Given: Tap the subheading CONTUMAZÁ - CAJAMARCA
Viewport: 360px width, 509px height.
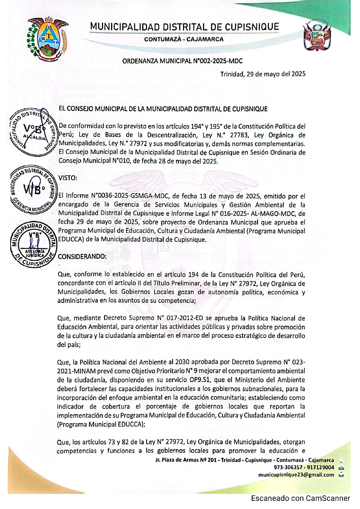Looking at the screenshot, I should tap(184, 39).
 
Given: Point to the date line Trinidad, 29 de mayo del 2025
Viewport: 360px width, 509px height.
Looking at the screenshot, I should tap(263, 74).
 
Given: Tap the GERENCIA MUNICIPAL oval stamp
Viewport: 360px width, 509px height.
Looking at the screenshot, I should tap(34, 190).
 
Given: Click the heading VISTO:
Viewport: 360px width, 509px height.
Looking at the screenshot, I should tap(68, 178).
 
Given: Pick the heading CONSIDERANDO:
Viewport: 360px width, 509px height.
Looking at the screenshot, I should tap(82, 257).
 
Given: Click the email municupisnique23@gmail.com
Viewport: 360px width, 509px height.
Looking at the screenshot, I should tap(296, 475).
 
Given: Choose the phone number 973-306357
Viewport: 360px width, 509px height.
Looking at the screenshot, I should tap(286, 468).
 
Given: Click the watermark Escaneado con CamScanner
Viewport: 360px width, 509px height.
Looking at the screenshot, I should tap(300, 498).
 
